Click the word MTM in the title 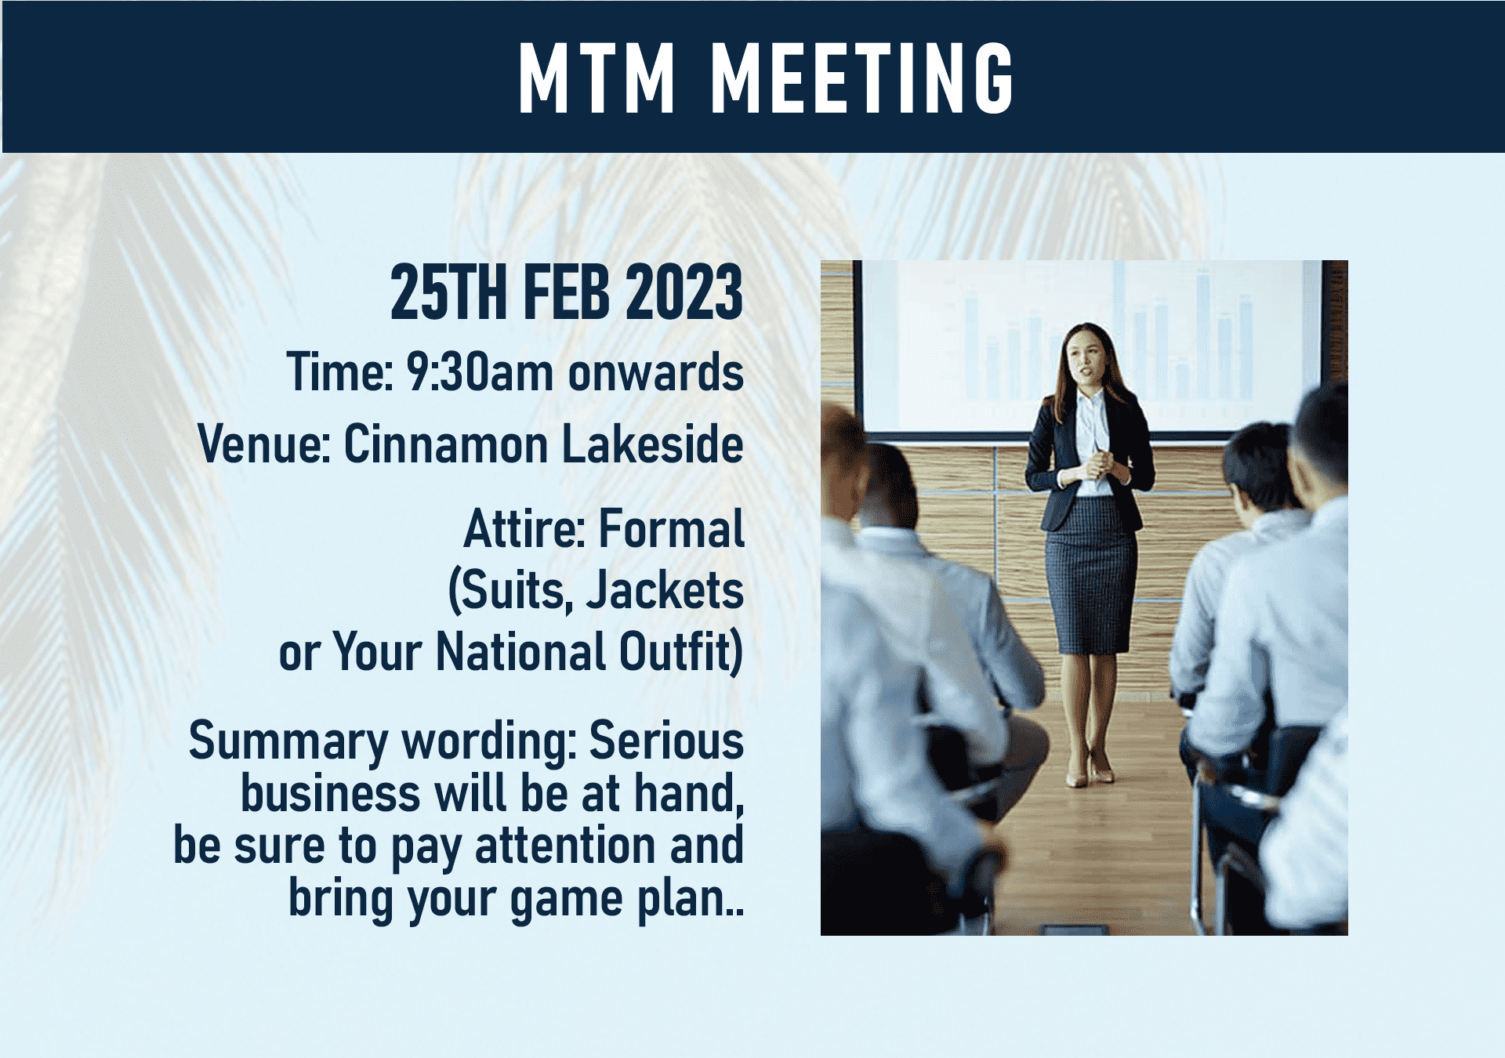(596, 78)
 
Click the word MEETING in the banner (862, 78)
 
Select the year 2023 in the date (684, 292)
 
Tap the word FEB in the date (566, 292)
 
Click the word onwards (655, 372)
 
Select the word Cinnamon (445, 444)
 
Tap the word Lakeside (653, 444)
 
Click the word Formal (671, 529)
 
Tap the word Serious (666, 741)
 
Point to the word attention (565, 846)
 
